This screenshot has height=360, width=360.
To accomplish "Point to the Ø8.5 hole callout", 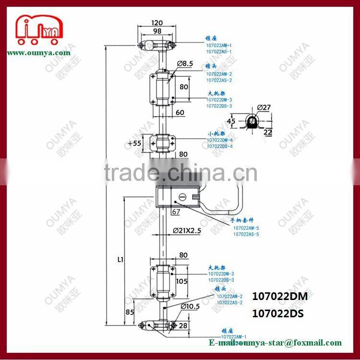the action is pos(185,63).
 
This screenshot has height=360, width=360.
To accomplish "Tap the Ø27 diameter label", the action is pos(264,107).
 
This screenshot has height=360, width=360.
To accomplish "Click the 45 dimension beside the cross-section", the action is pos(231,121).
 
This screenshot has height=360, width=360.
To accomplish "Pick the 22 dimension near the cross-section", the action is pos(268,133).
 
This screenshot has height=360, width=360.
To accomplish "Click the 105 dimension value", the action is pos(182,281).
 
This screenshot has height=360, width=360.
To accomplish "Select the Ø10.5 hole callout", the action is pos(190,307).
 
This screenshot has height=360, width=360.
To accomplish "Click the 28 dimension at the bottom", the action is pos(183,326).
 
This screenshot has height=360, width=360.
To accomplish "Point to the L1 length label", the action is pos(120,260).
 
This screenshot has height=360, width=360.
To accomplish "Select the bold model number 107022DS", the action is pos(280,313).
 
